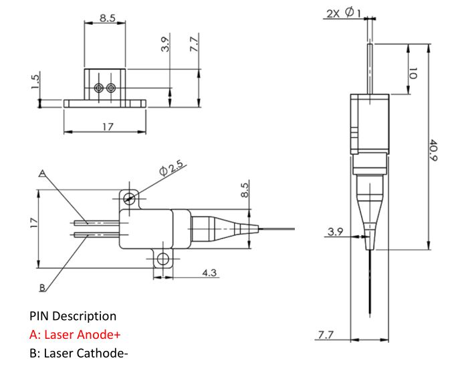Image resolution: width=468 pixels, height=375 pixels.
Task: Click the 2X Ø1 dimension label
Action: [x=344, y=13]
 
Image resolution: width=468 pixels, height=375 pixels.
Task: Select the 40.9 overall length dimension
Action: [x=433, y=150]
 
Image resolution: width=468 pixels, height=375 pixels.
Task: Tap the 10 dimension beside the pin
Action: [x=413, y=73]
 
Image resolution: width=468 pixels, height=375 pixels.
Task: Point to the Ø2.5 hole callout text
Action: [x=171, y=168]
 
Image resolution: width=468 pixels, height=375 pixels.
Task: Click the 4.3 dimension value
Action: [x=209, y=273]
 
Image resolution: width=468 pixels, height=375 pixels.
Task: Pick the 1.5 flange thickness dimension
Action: [x=35, y=82]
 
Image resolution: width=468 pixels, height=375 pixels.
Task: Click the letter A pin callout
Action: [x=42, y=173]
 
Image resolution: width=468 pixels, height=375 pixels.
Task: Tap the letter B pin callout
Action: [x=42, y=288]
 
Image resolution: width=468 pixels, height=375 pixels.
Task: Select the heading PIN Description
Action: [x=73, y=316]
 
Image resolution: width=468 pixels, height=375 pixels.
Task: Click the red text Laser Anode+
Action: [x=82, y=334]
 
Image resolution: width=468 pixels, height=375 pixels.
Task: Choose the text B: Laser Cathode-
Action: [x=79, y=353]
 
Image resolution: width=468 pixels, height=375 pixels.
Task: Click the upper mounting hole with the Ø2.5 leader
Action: [x=129, y=198]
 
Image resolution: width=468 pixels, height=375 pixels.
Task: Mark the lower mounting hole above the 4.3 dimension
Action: [x=162, y=258]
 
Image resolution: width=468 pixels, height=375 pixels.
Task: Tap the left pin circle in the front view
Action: [x=99, y=88]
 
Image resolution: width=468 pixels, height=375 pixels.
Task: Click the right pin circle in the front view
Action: [x=111, y=88]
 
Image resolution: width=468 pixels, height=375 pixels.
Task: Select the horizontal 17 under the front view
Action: [x=108, y=127]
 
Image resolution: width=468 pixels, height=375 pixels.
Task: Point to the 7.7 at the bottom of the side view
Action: [x=326, y=335]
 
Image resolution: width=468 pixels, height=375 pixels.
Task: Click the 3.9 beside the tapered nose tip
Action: [x=336, y=232]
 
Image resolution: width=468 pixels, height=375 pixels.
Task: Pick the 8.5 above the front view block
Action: [x=108, y=18]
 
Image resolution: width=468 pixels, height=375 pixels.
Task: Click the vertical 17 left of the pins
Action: [x=34, y=223]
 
